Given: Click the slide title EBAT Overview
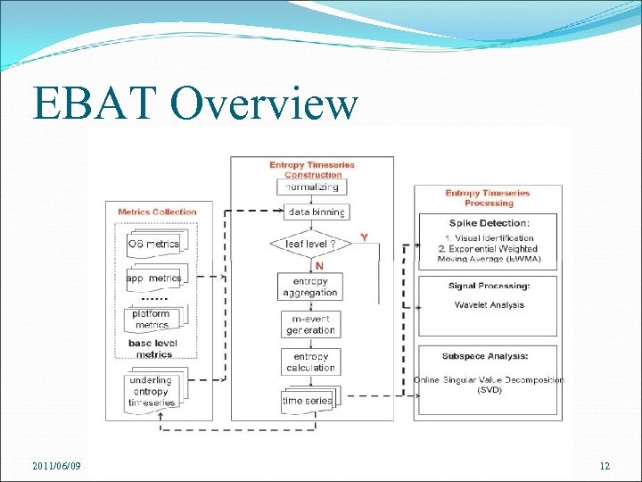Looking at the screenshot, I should [194, 104].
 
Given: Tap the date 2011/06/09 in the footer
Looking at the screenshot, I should [56, 467].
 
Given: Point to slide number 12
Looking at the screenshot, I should [605, 467].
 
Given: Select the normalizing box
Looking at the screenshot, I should [311, 187].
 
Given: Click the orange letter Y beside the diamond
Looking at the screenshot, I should [364, 237].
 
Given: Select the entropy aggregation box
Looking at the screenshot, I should [310, 287].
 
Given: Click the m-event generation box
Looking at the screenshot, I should [310, 325].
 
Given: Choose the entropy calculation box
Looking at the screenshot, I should [310, 362].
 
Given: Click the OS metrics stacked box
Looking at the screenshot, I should [153, 244].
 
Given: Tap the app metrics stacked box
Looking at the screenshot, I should [153, 278].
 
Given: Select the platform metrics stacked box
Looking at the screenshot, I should [152, 320].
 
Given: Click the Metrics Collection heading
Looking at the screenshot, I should [157, 212].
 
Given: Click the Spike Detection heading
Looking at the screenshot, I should [488, 222].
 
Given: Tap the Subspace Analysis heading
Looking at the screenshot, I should [487, 355].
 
